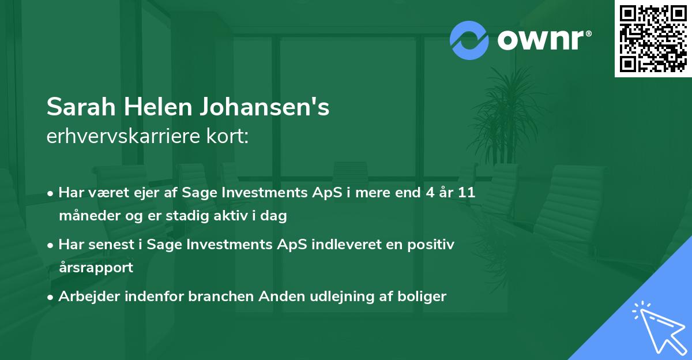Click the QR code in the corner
(x=652, y=38)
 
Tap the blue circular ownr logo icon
(x=469, y=40)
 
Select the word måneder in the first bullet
(x=86, y=216)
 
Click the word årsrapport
(x=96, y=268)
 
